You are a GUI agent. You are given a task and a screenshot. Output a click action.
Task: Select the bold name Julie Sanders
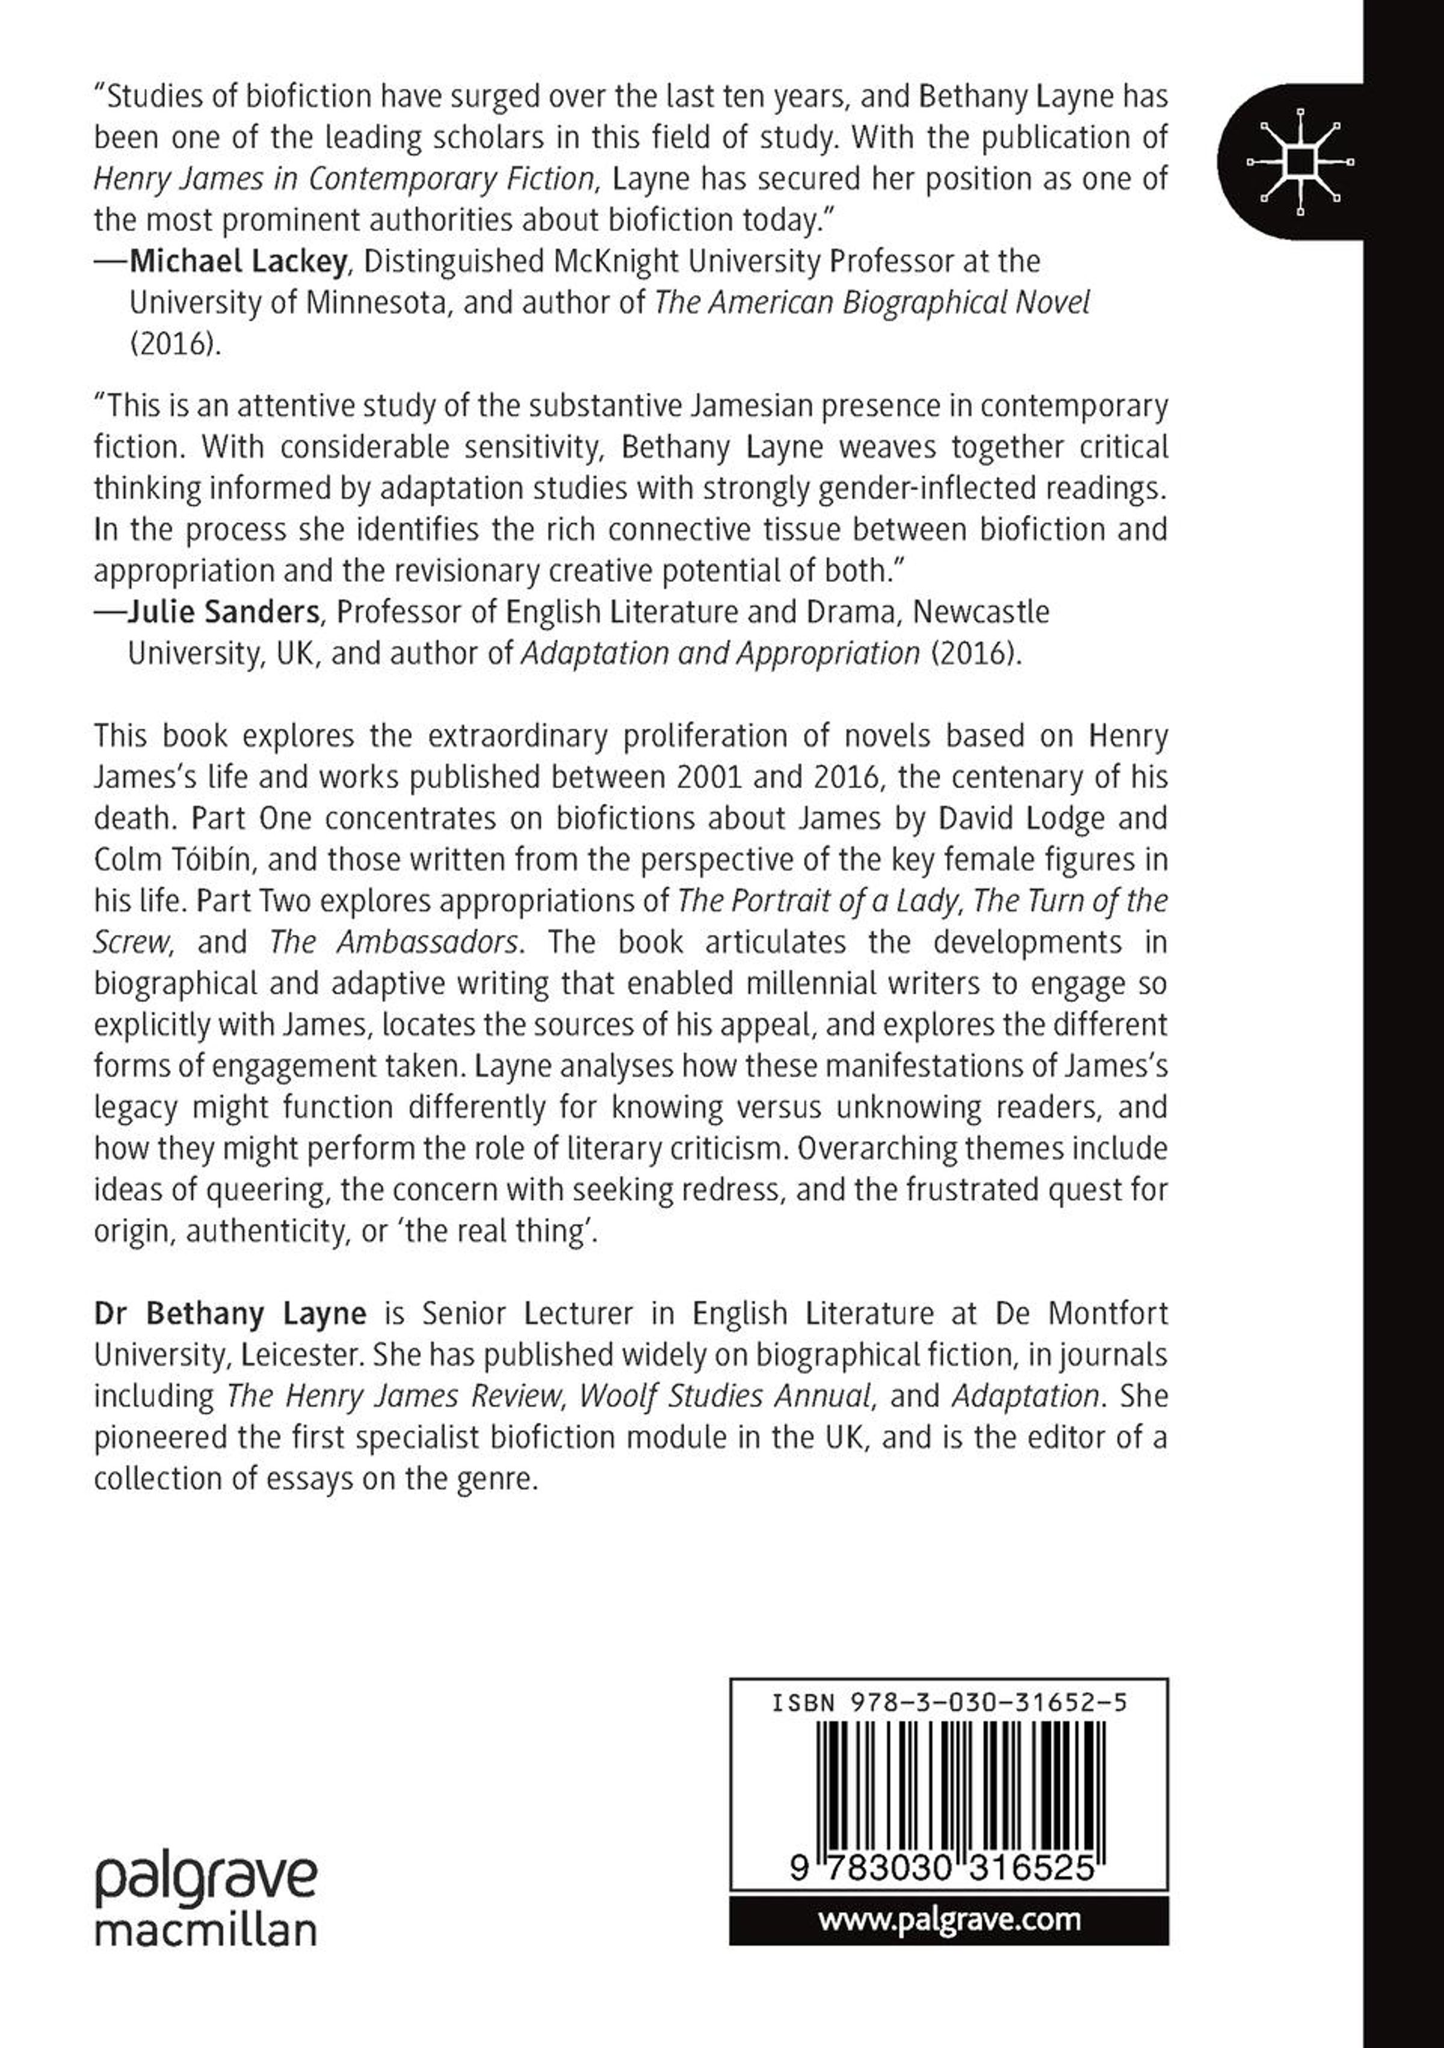pyautogui.click(x=223, y=612)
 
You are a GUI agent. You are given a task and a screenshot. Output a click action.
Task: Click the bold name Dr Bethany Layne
pyautogui.click(x=230, y=1314)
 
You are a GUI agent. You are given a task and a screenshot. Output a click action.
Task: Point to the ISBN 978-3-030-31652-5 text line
pyautogui.click(x=949, y=1702)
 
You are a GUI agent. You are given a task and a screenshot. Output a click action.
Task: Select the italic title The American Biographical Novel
pyautogui.click(x=871, y=303)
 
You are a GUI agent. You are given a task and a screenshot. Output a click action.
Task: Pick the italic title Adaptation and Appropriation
pyautogui.click(x=720, y=653)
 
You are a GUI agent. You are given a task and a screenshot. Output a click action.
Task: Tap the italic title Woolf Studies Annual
pyautogui.click(x=724, y=1396)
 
